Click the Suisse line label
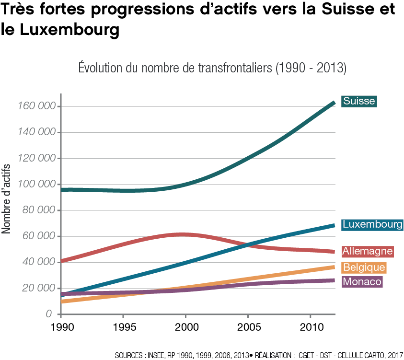pyautogui.click(x=358, y=101)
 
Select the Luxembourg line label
pyautogui.click(x=372, y=224)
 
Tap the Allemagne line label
pyautogui.click(x=368, y=251)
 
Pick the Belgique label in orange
pyautogui.click(x=364, y=267)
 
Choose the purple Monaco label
pyautogui.click(x=362, y=282)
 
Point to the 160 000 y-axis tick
pyautogui.click(x=36, y=106)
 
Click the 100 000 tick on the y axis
pyautogui.click(x=36, y=185)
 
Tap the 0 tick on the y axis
pyautogui.click(x=49, y=314)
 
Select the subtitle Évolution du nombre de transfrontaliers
pyautogui.click(x=212, y=68)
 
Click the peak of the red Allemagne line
pyautogui.click(x=180, y=234)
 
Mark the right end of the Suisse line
pyautogui.click(x=334, y=102)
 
